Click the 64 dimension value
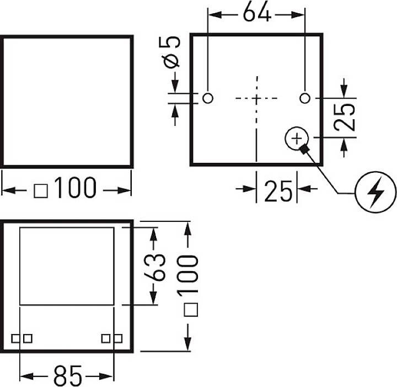tap(257, 12)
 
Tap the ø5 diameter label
tap(171, 52)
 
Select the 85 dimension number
tap(68, 376)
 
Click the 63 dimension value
tap(155, 267)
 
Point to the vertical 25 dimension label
tap(344, 117)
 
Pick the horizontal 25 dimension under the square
tap(278, 192)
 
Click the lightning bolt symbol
tap(375, 192)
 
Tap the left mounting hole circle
tap(208, 98)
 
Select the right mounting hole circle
tap(304, 98)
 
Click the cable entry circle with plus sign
tap(297, 139)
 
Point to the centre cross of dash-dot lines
tap(256, 98)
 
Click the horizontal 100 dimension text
tap(75, 188)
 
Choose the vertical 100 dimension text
tap(187, 274)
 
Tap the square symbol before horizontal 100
tap(40, 191)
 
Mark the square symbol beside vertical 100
tap(191, 310)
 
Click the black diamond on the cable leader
tap(304, 149)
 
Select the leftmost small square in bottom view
tap(15, 338)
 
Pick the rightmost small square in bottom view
tap(118, 338)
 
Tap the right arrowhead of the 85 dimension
tap(106, 377)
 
